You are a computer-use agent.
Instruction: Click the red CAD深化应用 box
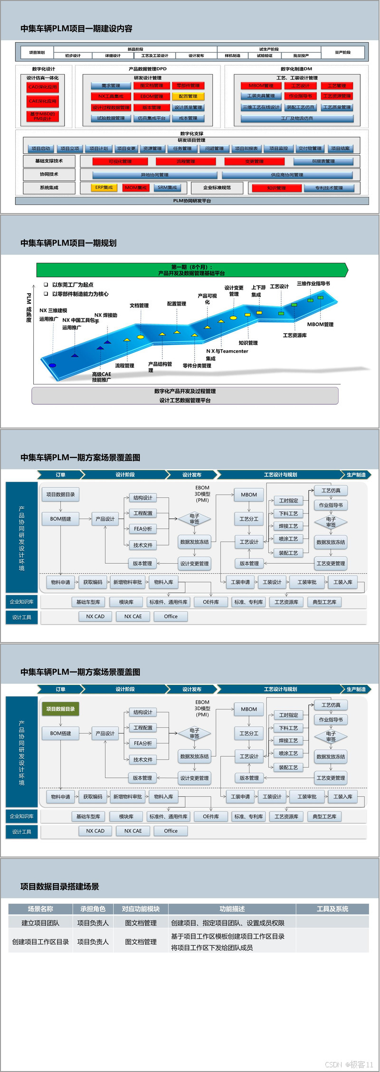[42, 87]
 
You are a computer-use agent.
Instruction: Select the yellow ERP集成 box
[104, 188]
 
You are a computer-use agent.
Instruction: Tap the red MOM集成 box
[136, 188]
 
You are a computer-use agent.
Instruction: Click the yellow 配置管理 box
[188, 96]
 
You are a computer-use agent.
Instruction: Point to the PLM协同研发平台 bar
[192, 201]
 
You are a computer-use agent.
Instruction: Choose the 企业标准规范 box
[217, 188]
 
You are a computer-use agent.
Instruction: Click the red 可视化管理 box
[120, 162]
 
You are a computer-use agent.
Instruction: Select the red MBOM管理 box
[261, 86]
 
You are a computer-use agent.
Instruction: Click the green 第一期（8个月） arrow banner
[192, 270]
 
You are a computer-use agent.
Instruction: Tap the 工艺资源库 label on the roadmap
[294, 336]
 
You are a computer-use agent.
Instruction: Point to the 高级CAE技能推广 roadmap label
[101, 377]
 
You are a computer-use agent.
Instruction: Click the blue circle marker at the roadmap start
[53, 365]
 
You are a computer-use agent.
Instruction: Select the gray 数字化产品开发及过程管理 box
[185, 396]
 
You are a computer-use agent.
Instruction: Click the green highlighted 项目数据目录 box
[60, 709]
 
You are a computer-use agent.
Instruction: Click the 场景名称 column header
[40, 909]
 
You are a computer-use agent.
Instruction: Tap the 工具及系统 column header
[332, 909]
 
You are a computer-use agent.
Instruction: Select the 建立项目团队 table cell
[40, 923]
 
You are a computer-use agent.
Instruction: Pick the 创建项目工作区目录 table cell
[40, 942]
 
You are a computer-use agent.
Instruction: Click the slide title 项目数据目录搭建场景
[60, 886]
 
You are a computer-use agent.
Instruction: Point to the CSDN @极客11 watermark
[349, 1064]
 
